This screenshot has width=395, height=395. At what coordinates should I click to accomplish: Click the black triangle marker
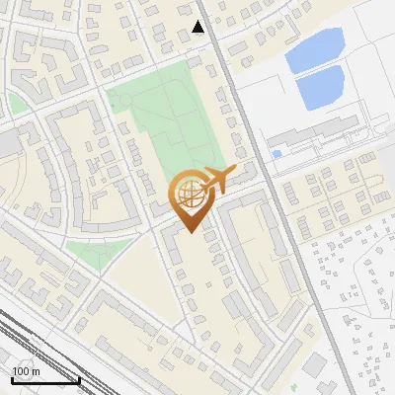coord(198,27)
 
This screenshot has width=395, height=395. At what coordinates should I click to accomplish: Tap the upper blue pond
coord(315,49)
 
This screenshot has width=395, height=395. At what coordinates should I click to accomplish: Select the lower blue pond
coord(320,88)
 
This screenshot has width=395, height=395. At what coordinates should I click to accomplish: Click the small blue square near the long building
coord(276,154)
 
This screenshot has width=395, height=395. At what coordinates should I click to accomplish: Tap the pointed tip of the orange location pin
coord(189,231)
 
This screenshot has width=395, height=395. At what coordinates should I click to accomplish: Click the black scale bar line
coord(45,380)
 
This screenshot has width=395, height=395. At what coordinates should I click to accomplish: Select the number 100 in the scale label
coord(20,371)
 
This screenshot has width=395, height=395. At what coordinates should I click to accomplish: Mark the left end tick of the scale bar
coord(12,378)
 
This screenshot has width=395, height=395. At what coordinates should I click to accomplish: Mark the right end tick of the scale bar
coord(79,378)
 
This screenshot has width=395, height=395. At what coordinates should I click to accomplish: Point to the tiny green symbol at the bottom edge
coord(295,388)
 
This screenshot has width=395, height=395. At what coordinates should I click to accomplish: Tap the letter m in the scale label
coord(36,371)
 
